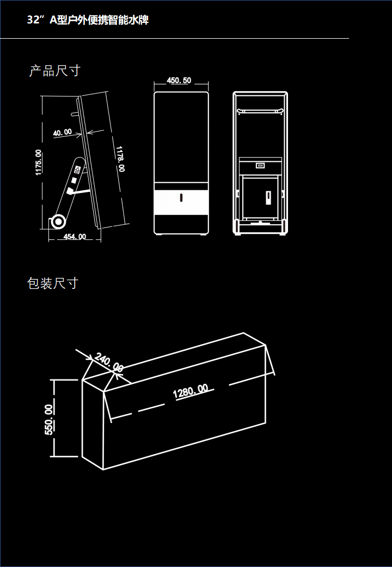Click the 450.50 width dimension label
tap(179, 81)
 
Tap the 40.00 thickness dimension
tap(62, 132)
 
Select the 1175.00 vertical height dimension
tap(39, 162)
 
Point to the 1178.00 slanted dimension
tap(120, 159)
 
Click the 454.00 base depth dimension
tap(75, 236)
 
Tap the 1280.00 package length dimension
tap(191, 391)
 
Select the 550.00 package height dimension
tap(49, 419)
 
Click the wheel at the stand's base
tap(58, 221)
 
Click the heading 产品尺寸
tap(54, 70)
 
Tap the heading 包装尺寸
tap(53, 283)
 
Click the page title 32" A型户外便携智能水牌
tap(88, 20)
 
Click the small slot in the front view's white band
tap(181, 197)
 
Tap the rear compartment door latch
tap(268, 196)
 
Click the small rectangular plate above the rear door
tap(260, 166)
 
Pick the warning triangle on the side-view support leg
tap(78, 170)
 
